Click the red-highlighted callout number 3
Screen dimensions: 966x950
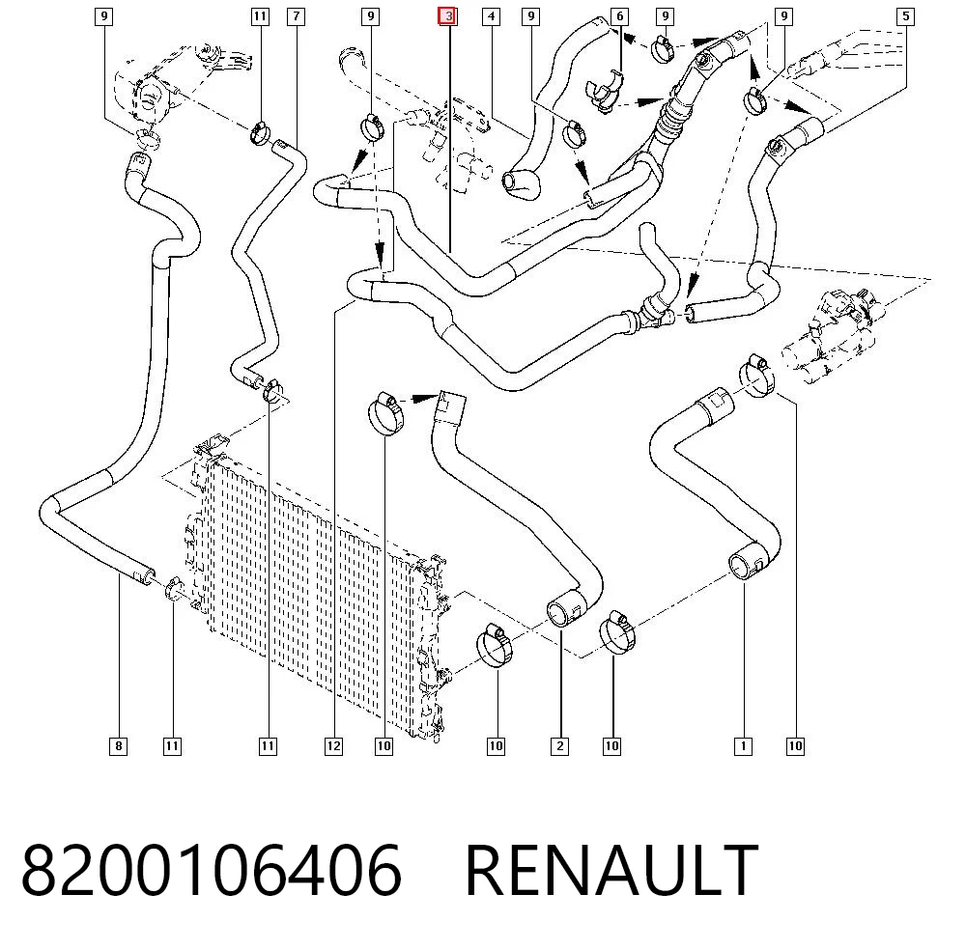pos(447,16)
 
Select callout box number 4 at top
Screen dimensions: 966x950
pos(491,16)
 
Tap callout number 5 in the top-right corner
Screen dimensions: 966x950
pos(906,16)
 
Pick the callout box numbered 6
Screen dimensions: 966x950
pos(620,16)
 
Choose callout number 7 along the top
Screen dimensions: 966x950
pos(297,16)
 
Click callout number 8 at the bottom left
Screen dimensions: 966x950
pos(118,746)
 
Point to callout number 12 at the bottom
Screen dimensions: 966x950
pos(333,746)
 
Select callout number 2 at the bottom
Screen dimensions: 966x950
pos(559,746)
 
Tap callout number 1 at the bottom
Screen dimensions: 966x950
pos(743,746)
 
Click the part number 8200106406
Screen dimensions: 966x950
pos(212,870)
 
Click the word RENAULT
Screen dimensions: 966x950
pos(611,870)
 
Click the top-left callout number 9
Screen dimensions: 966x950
pos(104,16)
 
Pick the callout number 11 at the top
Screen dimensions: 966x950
pos(260,16)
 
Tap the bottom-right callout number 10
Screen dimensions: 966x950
pos(795,746)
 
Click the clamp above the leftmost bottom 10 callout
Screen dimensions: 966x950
pos(386,413)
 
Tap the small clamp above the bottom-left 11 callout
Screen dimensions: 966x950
pos(173,588)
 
